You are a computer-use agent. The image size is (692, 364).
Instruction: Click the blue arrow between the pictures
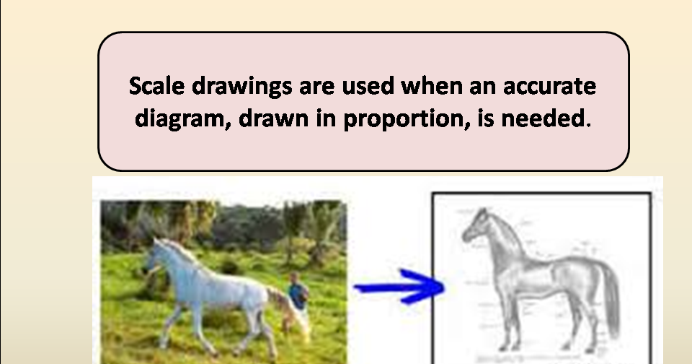tap(400, 287)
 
